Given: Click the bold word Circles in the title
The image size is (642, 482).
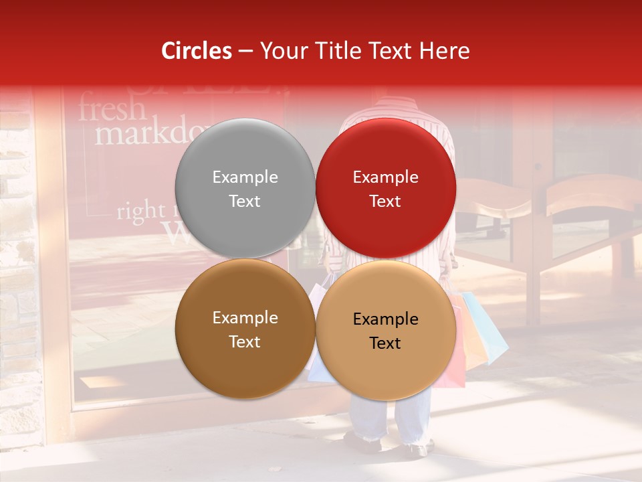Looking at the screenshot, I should [x=197, y=51].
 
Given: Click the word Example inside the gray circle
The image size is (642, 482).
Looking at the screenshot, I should [x=245, y=177].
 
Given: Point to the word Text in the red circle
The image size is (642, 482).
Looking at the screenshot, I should [x=385, y=202].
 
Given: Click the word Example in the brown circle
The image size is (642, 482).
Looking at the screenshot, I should [x=245, y=318].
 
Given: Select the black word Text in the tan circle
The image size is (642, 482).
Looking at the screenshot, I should [x=385, y=343].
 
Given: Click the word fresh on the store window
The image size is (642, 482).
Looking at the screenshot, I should [x=111, y=108].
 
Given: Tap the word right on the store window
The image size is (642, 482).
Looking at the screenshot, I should [x=140, y=212].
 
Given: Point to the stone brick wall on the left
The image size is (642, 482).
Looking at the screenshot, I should [x=19, y=268].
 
